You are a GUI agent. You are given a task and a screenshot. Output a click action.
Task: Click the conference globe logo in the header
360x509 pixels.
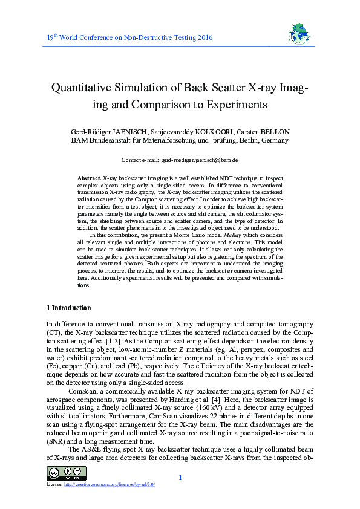tap(296, 36)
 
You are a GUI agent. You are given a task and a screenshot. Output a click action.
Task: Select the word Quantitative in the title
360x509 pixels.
tap(85, 88)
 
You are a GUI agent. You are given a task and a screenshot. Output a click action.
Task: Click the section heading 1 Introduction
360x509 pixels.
tap(69, 308)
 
